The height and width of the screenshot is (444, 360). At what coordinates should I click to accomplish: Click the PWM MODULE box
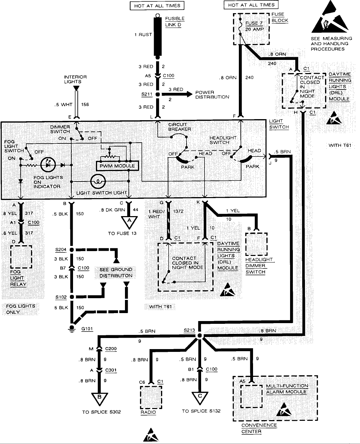point(117,166)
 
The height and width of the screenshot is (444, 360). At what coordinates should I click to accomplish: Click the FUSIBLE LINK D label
point(174,21)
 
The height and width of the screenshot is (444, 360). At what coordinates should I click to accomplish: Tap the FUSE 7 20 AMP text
point(254,26)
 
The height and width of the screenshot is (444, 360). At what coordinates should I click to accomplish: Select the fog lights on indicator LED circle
point(47,165)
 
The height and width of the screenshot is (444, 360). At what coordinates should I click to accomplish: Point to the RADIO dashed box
point(151,397)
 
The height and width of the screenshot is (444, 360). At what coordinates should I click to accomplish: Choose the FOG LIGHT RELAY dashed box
point(21,256)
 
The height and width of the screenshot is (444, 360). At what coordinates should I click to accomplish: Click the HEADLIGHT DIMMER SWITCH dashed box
point(256,244)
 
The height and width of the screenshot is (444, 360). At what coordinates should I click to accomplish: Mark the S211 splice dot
point(157,94)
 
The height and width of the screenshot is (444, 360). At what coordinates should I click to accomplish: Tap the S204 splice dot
point(72,249)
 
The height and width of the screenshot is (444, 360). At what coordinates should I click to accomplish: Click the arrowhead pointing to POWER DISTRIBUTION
point(189,94)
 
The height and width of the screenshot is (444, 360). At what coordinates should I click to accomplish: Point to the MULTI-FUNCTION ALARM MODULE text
point(287,389)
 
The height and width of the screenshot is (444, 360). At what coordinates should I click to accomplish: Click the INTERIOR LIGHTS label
point(75,79)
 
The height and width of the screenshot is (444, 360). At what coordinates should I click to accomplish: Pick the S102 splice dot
point(72,297)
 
